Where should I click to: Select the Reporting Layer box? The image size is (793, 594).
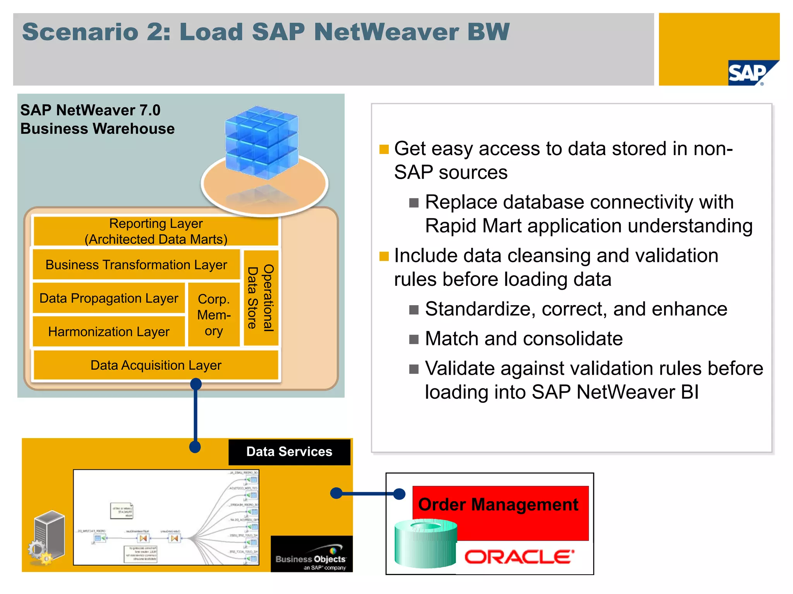pyautogui.click(x=156, y=231)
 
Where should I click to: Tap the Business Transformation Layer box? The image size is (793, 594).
pyautogui.click(x=136, y=265)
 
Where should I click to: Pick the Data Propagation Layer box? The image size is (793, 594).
pyautogui.click(x=109, y=298)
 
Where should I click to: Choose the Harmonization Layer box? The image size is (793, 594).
pyautogui.click(x=109, y=331)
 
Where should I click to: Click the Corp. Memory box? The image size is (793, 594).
pyautogui.click(x=214, y=315)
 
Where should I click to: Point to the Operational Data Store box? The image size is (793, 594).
pyautogui.click(x=261, y=298)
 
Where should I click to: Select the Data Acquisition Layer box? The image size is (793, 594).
pyautogui.click(x=156, y=365)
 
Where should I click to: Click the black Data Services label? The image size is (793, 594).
pyautogui.click(x=289, y=452)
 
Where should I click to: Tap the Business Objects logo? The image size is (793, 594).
pyautogui.click(x=311, y=556)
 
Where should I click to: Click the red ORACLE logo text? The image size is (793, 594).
pyautogui.click(x=519, y=557)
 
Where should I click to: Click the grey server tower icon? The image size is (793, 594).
pyautogui.click(x=48, y=536)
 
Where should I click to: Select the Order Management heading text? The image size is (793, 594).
pyautogui.click(x=498, y=505)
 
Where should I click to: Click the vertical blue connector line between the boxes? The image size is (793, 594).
pyautogui.click(x=196, y=416)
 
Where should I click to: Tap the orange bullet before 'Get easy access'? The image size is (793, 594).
pyautogui.click(x=384, y=149)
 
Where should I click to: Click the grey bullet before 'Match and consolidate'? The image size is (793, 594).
pyautogui.click(x=414, y=340)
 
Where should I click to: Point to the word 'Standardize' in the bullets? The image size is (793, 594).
pyautogui.click(x=478, y=309)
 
